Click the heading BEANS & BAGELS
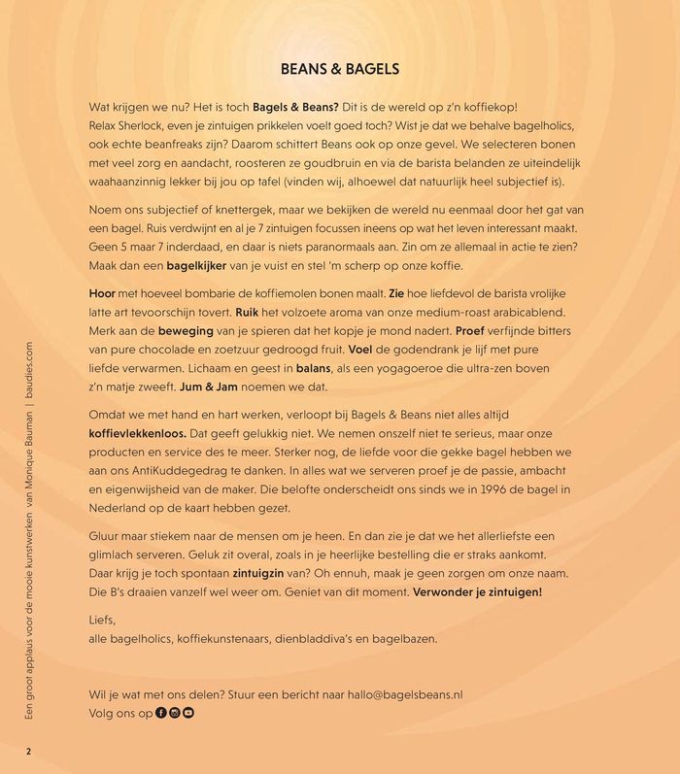tap(340, 70)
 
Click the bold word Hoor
tap(102, 292)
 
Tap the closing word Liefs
tap(101, 619)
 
